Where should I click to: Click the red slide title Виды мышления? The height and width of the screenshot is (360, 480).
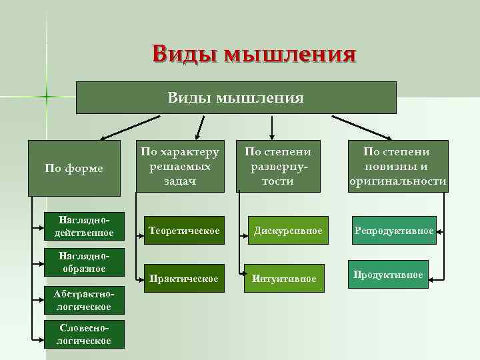coord(253,53)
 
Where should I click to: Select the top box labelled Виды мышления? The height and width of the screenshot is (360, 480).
coord(236,98)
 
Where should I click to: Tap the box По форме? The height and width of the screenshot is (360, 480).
coord(74,168)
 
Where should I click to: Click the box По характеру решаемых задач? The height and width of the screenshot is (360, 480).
coord(179,167)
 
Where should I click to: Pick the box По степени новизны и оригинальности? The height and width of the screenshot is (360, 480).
coord(398,167)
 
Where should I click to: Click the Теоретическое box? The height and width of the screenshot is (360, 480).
coord(184,231)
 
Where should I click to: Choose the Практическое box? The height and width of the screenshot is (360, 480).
coord(184,278)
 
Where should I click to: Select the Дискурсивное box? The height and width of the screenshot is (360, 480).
coord(287,231)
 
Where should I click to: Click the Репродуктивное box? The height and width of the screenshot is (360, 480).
coord(394,231)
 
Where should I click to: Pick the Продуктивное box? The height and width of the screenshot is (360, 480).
coord(388,274)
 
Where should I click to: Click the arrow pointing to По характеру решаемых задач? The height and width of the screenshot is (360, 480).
coord(199,126)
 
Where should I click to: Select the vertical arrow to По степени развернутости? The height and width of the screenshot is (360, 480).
coord(271,125)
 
